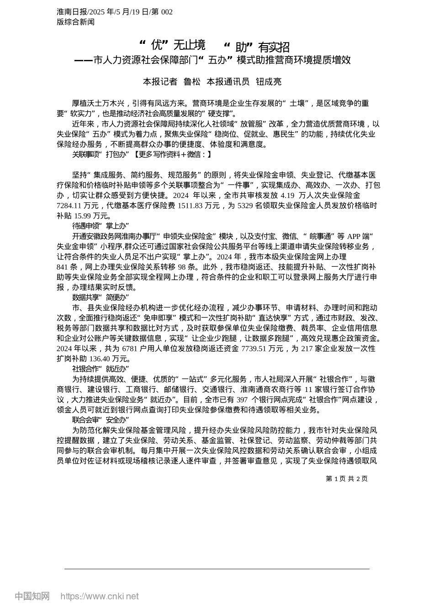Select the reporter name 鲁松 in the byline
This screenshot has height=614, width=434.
tap(192, 82)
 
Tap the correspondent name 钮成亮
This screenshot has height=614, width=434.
tap(269, 82)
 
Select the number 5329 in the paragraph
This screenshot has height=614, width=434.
tap(245, 206)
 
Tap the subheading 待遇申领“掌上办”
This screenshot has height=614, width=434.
tap(101, 226)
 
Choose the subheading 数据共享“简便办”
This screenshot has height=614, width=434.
tap(101, 297)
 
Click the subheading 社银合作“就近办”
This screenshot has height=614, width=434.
tap(101, 369)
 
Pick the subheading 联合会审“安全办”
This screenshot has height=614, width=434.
tap(101, 420)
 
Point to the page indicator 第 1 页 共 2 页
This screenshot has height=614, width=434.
tap(346, 479)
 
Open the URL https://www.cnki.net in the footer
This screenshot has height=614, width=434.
tap(100, 596)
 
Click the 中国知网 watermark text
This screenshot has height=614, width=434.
tap(32, 596)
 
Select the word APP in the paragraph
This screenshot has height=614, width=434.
tap(354, 236)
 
